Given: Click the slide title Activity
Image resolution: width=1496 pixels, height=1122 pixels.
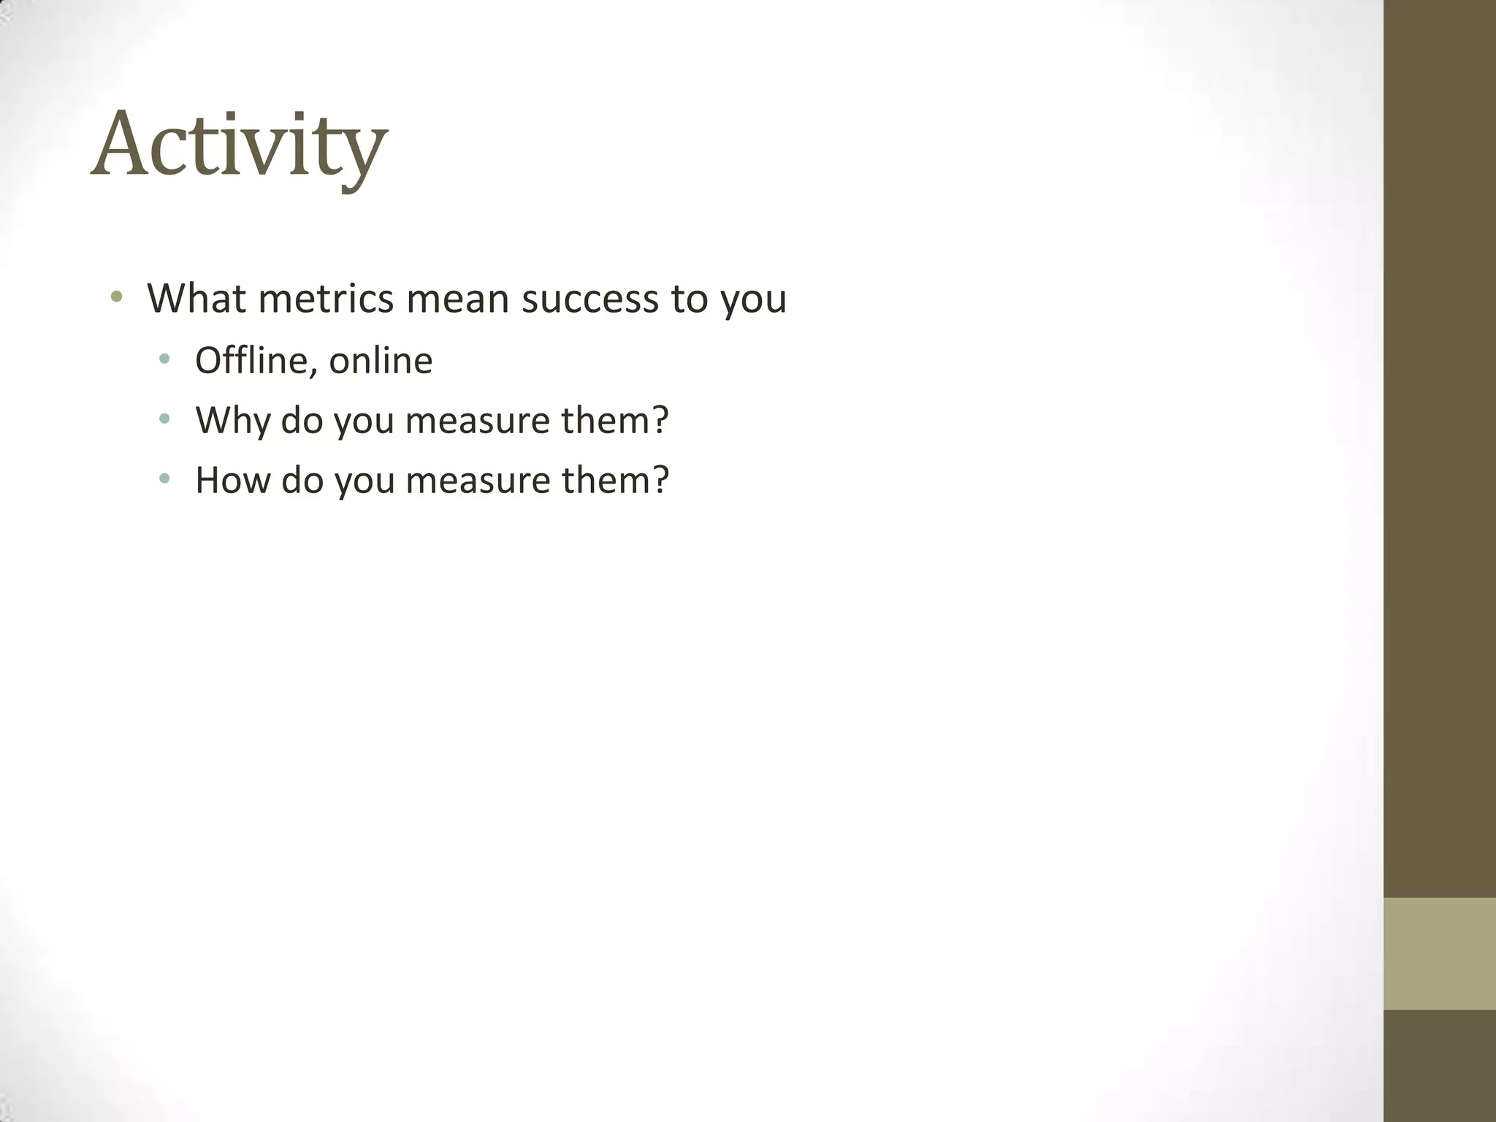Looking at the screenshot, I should tap(239, 144).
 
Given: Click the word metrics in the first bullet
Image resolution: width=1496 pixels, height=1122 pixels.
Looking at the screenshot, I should tap(326, 299).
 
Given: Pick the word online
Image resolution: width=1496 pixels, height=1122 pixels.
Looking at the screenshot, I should tap(381, 361).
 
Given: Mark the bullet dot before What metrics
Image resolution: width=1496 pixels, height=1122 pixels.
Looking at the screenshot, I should tap(116, 297).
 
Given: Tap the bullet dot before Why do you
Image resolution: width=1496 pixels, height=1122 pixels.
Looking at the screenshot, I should tap(164, 419).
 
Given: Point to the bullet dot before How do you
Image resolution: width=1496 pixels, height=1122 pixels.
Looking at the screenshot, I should tap(164, 479).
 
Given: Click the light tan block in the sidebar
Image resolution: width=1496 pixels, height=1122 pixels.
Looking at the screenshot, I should tap(1439, 953).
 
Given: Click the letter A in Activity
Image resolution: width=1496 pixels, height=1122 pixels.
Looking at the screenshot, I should tap(122, 144).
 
